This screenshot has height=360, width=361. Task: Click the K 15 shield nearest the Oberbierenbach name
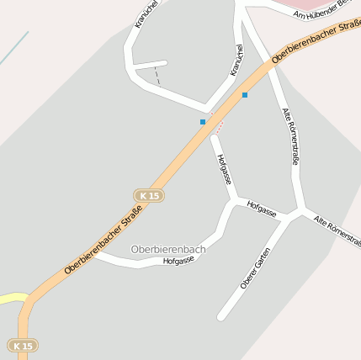[x=149, y=195]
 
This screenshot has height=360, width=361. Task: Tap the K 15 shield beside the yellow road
[x=24, y=345]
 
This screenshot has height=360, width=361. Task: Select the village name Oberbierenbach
[x=168, y=249]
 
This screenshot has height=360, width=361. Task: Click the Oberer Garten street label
[x=255, y=268]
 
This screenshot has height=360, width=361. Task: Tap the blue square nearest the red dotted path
[x=203, y=122]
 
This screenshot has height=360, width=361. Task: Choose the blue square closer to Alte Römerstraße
[x=245, y=95]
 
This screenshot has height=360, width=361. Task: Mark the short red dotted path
[x=220, y=127]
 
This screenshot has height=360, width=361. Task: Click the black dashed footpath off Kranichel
[x=157, y=76]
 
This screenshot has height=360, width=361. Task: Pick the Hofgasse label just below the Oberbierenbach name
[x=178, y=261]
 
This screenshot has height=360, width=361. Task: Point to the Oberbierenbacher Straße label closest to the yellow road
[x=101, y=245]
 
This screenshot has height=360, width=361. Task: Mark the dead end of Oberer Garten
[x=221, y=318]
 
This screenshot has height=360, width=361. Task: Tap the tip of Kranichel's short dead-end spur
[x=164, y=62]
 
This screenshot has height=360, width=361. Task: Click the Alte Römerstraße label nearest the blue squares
[x=291, y=135]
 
